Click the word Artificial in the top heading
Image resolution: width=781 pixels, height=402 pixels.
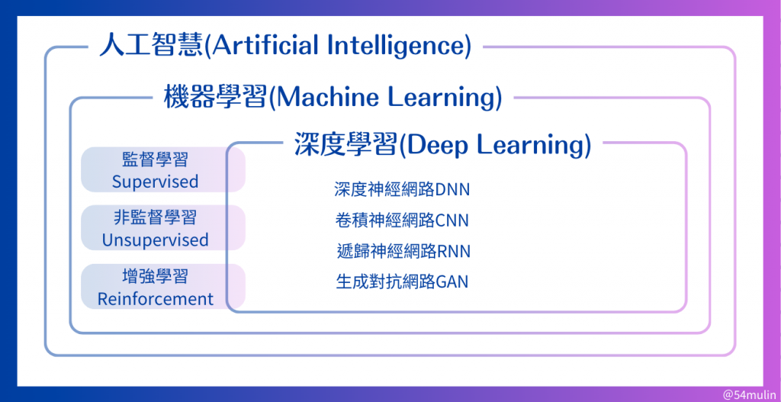(266, 46)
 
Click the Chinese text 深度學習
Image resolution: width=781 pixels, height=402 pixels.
(346, 145)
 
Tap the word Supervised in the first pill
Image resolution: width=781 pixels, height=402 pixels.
(156, 182)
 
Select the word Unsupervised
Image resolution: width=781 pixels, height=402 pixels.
(156, 240)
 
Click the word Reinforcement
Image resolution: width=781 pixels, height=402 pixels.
(156, 299)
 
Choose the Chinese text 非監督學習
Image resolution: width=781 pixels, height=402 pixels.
(156, 217)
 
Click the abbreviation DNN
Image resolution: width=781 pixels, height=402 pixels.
(452, 190)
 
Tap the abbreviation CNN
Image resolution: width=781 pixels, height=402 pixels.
(452, 220)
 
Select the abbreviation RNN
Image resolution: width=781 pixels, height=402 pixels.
(453, 252)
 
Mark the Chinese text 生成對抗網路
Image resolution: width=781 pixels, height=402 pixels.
(385, 282)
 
